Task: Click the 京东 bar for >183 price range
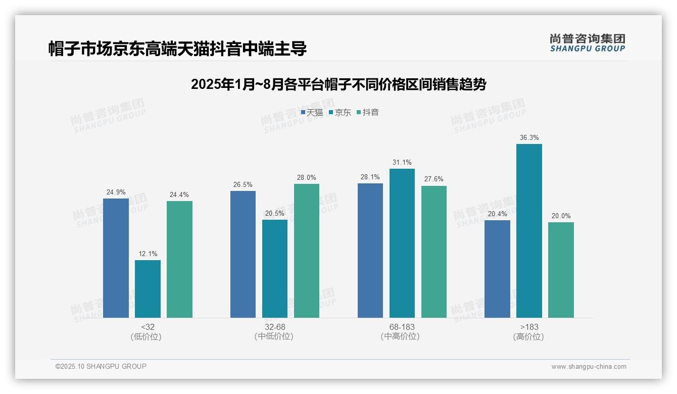tap(529, 231)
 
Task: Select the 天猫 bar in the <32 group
tap(116, 258)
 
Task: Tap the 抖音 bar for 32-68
tap(307, 251)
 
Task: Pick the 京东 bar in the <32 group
tap(148, 289)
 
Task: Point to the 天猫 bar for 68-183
tap(370, 251)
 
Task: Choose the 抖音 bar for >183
tap(561, 270)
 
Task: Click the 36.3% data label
tap(529, 138)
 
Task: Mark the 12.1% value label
tap(148, 254)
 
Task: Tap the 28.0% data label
tap(307, 178)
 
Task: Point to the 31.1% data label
tap(402, 163)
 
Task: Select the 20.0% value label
tap(561, 216)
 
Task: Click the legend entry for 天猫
tap(312, 113)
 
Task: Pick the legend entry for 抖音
tap(368, 113)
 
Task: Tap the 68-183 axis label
tap(402, 327)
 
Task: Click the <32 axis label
tap(148, 327)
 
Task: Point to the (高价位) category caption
tap(529, 337)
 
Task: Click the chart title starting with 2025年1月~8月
tap(338, 85)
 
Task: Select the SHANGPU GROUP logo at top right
tap(588, 43)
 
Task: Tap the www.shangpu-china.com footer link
tap(589, 367)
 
